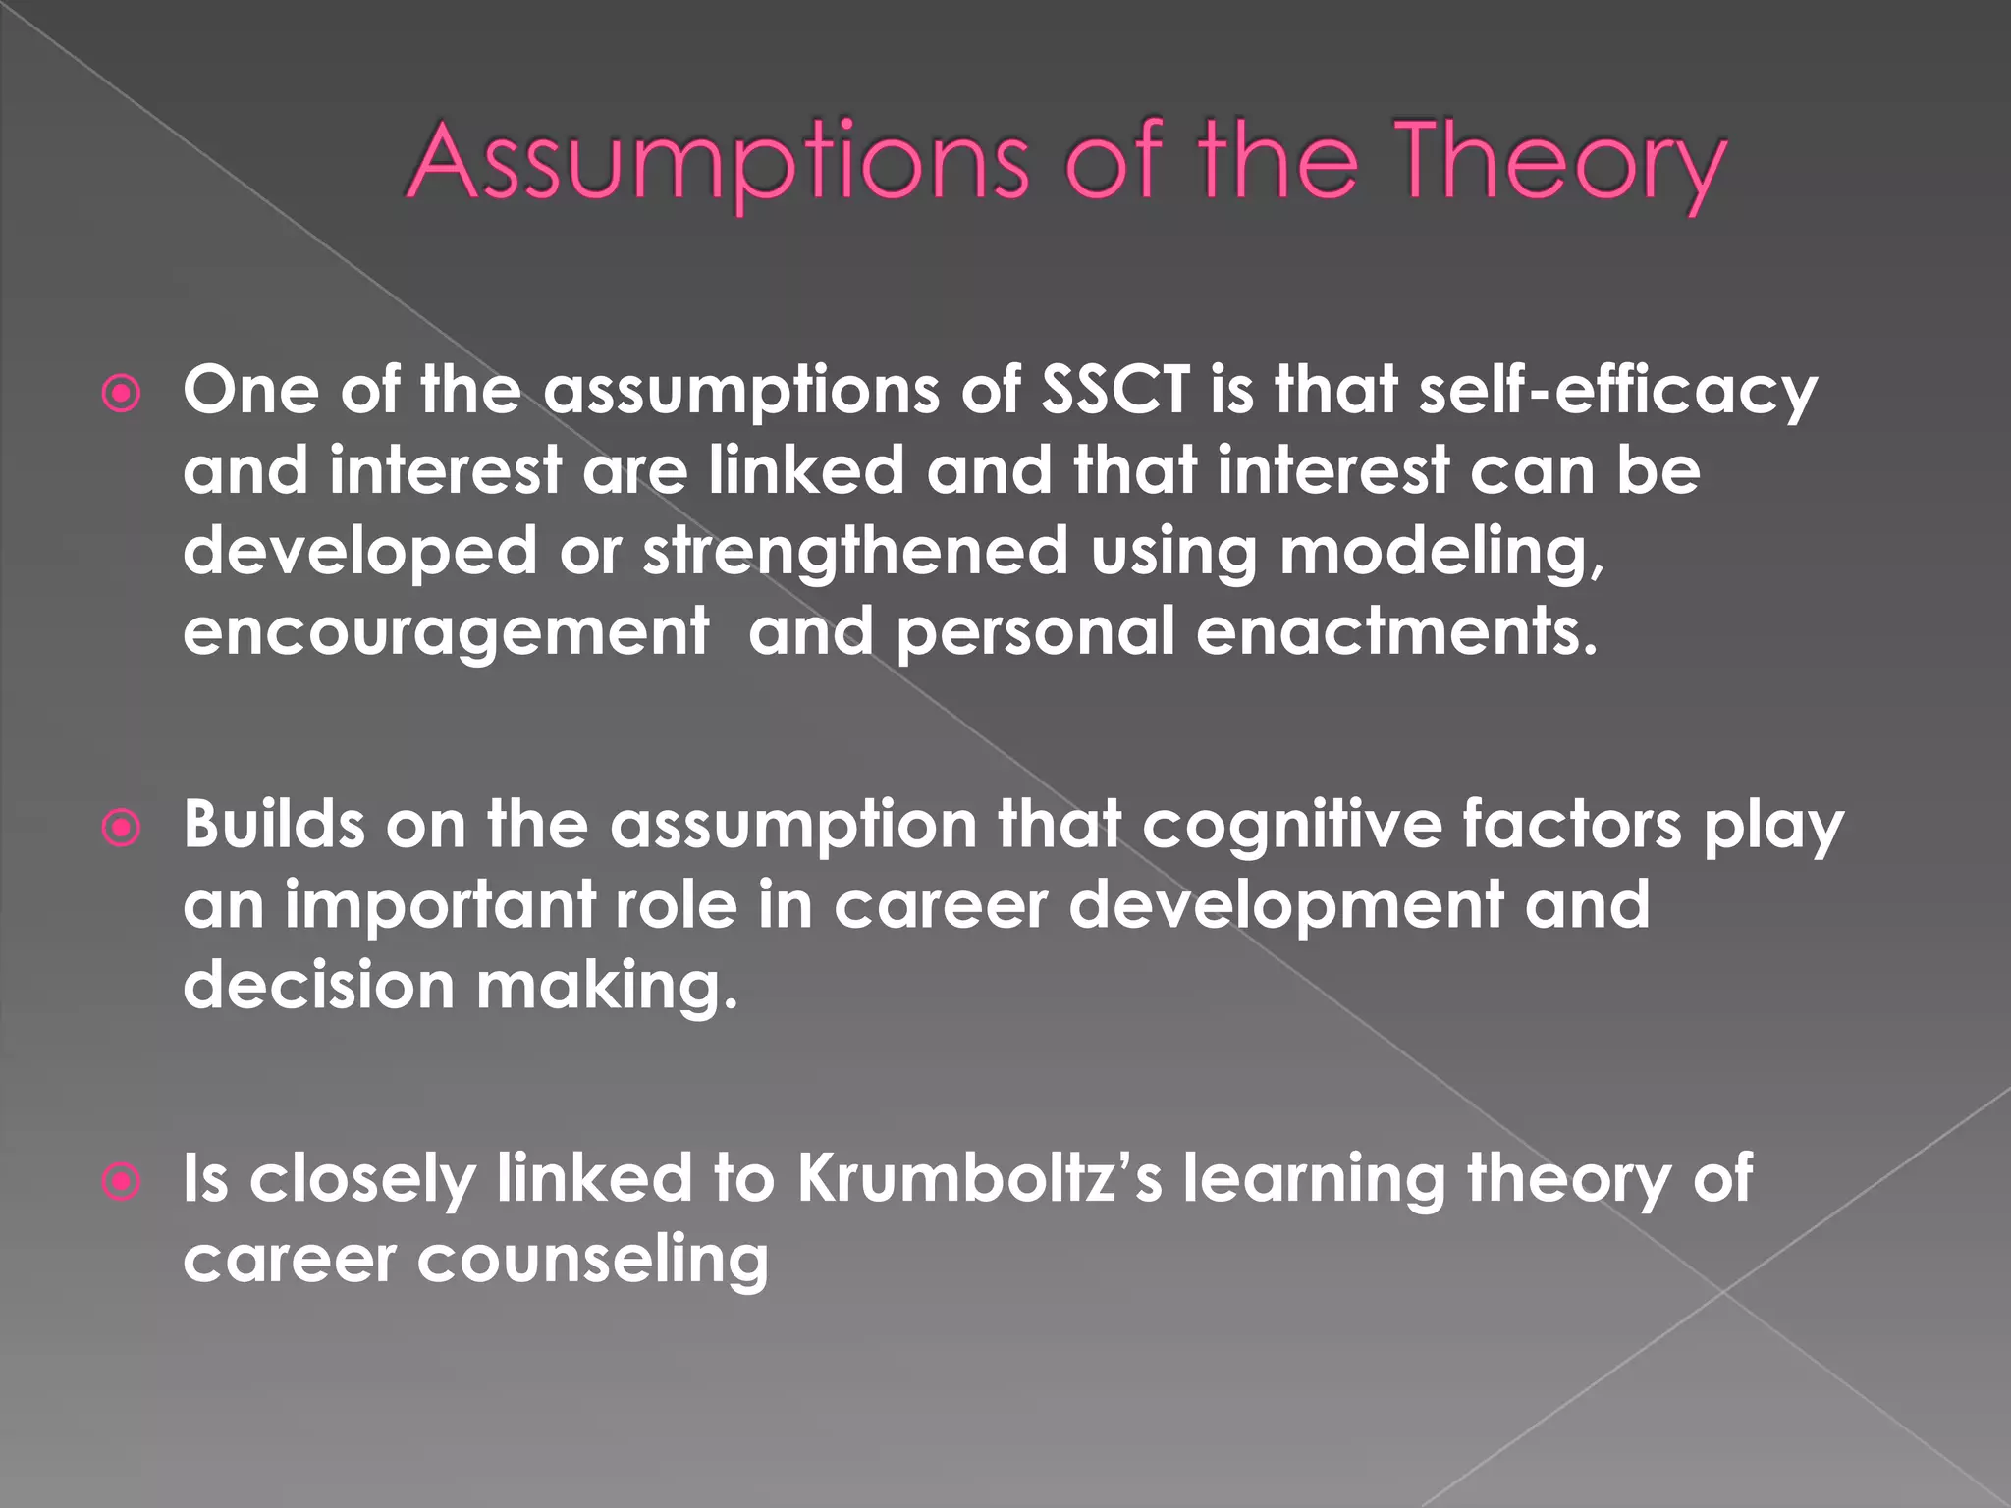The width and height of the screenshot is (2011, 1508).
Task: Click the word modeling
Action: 1441,552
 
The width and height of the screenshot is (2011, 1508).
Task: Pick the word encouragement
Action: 446,632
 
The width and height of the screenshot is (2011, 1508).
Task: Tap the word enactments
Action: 1396,631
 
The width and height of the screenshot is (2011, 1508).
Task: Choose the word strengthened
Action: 855,552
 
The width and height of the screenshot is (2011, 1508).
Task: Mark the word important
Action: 440,905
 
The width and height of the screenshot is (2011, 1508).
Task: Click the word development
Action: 1285,905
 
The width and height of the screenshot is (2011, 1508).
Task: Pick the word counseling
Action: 593,1260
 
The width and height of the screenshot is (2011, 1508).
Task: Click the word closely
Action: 362,1178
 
